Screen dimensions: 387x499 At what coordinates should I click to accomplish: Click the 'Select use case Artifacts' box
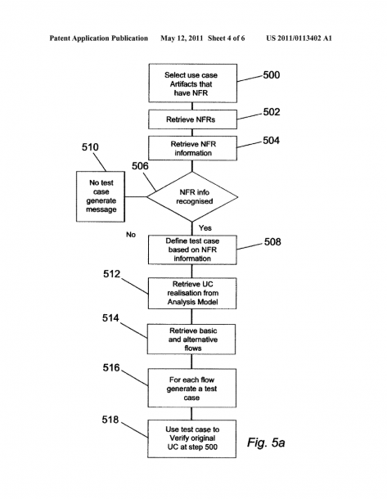[x=192, y=83]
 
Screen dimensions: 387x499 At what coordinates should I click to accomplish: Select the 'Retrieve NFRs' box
[x=192, y=119]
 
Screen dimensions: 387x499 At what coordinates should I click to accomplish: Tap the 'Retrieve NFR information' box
[x=192, y=148]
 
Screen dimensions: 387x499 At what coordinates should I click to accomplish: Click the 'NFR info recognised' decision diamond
[x=192, y=196]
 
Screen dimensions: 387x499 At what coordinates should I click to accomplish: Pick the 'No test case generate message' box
[x=101, y=196]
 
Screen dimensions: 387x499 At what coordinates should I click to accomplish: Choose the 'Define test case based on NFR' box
[x=192, y=249]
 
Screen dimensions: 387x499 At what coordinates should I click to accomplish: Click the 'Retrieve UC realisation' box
[x=192, y=293]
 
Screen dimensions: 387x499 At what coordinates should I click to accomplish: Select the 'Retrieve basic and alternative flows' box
[x=191, y=339]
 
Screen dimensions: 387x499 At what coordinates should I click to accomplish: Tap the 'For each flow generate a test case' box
[x=191, y=389]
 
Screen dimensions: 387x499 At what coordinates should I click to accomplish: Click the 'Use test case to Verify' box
[x=191, y=438]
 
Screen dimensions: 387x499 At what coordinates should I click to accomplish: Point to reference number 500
[x=272, y=75]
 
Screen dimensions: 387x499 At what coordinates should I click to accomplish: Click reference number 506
[x=140, y=166]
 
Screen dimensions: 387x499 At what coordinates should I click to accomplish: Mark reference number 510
[x=90, y=147]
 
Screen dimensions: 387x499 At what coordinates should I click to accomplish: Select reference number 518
[x=110, y=420]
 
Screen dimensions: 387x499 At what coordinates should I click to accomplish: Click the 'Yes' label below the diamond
[x=205, y=228]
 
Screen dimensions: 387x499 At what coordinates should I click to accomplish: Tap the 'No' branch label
[x=131, y=235]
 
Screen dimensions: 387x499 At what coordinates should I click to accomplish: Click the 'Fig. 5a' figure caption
[x=266, y=443]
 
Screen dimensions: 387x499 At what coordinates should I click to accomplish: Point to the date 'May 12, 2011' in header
[x=182, y=38]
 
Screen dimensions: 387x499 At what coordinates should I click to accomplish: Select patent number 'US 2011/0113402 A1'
[x=299, y=38]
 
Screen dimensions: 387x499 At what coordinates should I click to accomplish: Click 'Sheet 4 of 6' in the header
[x=227, y=38]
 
